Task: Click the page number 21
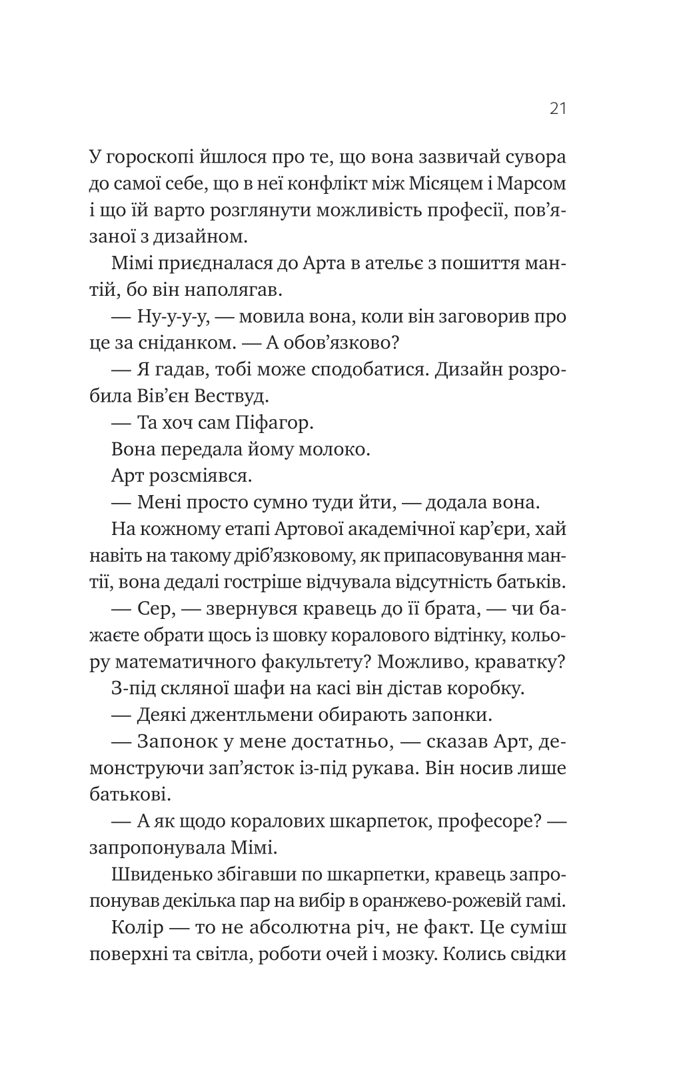coord(558,109)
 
